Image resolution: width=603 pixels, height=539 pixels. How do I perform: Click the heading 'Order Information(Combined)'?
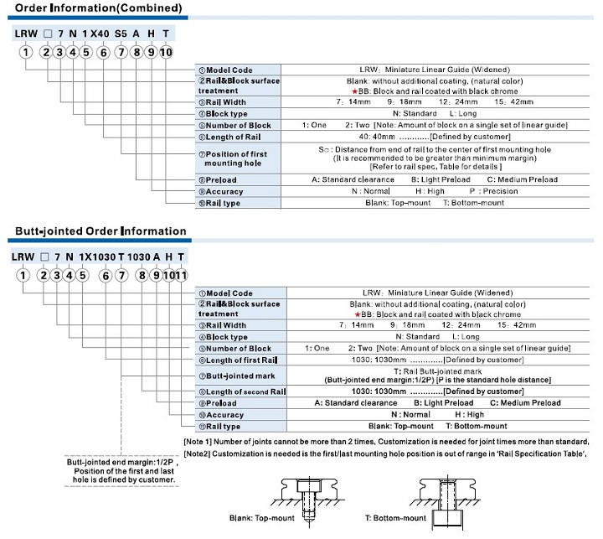pos(99,8)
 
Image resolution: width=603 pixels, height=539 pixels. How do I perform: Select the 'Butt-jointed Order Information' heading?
pos(100,231)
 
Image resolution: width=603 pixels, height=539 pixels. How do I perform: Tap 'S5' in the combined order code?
pos(121,34)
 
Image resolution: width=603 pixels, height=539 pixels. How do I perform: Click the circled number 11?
pos(181,275)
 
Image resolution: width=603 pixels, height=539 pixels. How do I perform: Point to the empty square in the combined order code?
pos(48,34)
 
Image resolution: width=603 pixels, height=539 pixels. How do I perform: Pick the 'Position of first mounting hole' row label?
pos(233,158)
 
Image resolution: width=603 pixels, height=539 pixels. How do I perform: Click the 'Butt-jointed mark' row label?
pos(237,376)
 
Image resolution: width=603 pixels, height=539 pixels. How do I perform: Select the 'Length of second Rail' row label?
pos(242,391)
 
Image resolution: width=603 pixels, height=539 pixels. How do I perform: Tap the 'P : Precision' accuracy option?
pos(494,191)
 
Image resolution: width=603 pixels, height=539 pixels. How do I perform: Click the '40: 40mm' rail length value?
pos(377,137)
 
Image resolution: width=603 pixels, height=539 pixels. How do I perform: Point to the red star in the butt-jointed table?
pos(358,314)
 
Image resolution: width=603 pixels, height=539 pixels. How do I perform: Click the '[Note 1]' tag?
pos(198,442)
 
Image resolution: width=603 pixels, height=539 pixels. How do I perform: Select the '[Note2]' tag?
pos(197,453)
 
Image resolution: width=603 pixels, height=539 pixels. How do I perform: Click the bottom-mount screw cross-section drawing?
pos(446,500)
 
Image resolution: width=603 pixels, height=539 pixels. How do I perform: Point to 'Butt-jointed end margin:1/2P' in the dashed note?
pos(120,462)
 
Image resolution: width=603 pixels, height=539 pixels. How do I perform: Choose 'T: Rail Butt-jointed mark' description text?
pos(438,371)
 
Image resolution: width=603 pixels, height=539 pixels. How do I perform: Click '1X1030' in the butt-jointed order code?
pos(97,257)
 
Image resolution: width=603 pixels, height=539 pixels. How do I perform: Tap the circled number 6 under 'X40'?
pos(104,52)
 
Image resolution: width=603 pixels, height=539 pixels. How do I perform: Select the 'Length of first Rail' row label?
pos(238,360)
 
